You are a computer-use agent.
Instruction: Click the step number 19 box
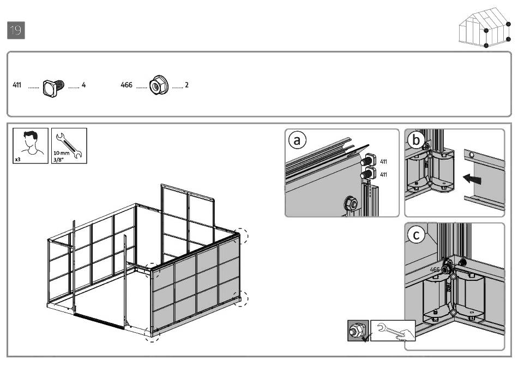click(16, 31)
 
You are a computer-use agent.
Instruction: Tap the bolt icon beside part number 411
click(53, 86)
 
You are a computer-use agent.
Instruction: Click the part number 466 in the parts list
click(127, 85)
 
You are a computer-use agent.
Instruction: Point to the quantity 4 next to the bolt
click(83, 85)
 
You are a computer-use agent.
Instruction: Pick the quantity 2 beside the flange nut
click(186, 85)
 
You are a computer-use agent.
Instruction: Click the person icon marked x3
click(31, 145)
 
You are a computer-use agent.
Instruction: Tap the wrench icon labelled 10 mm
click(69, 145)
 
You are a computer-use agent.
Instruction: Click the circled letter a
click(297, 141)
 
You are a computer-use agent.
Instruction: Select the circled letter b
click(417, 140)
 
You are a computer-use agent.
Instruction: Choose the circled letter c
click(417, 235)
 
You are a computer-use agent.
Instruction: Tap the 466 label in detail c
click(435, 269)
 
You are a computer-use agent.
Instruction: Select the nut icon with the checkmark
click(358, 331)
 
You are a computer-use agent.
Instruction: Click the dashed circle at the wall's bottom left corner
click(152, 335)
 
